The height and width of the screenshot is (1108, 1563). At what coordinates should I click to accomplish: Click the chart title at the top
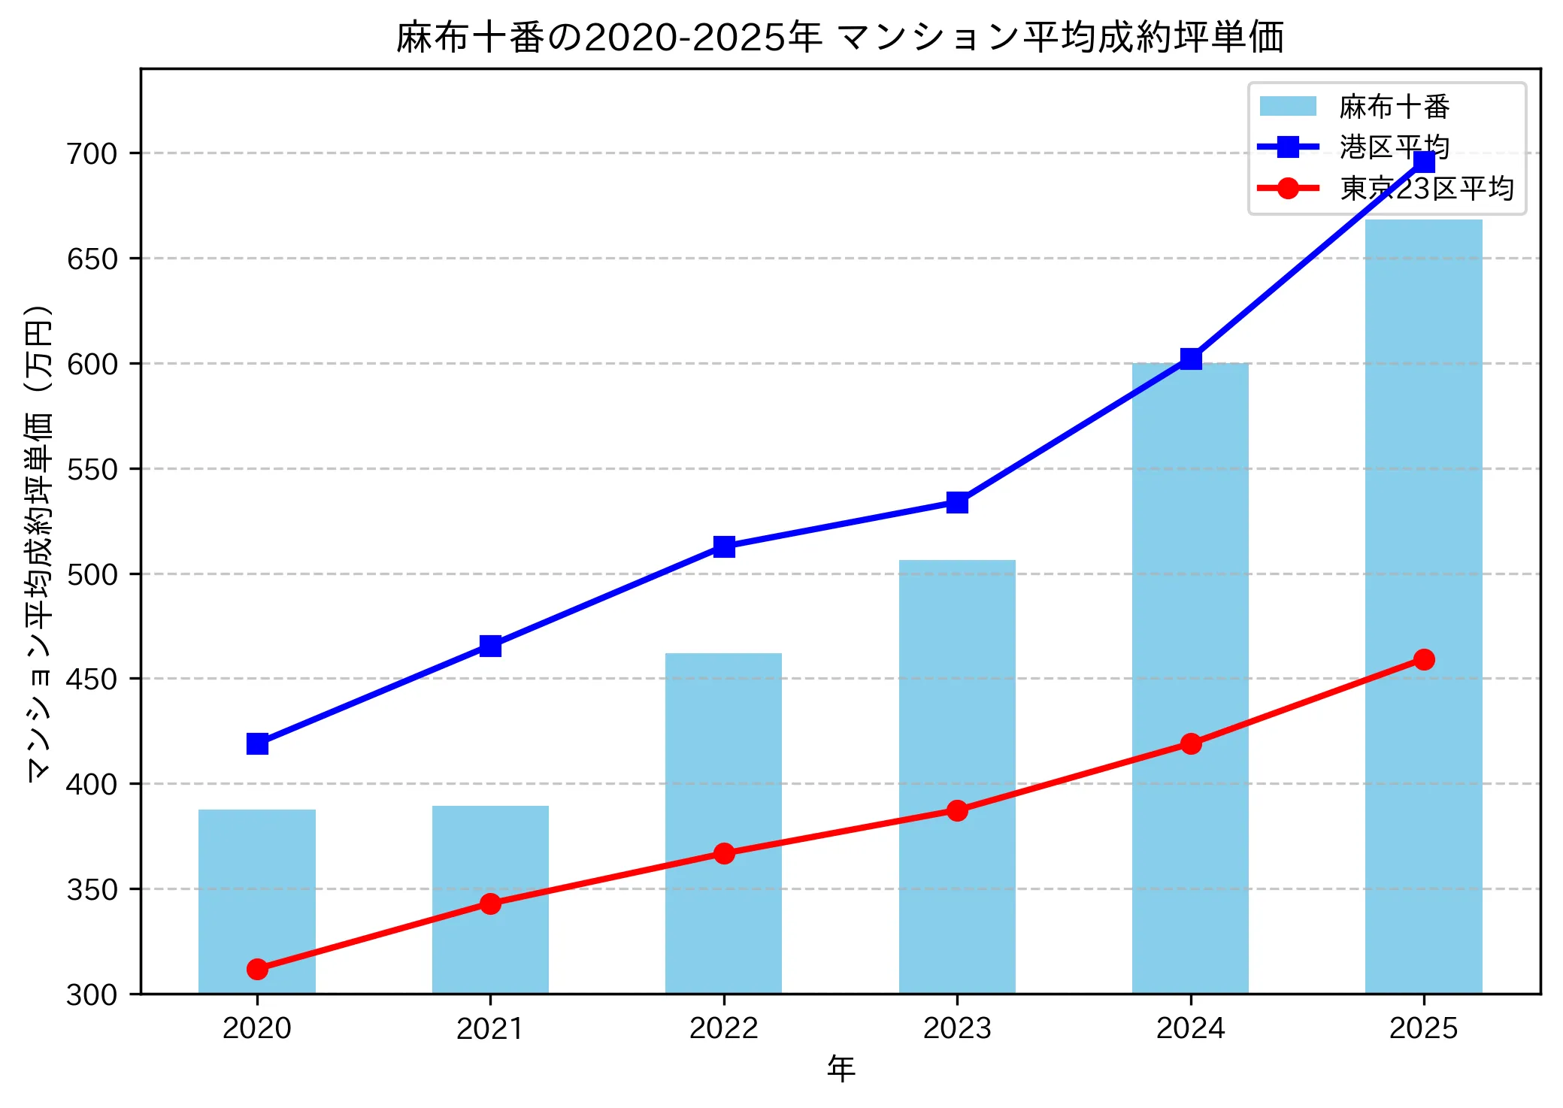pyautogui.click(x=840, y=38)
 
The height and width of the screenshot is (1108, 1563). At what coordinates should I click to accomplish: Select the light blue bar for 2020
pyautogui.click(x=257, y=901)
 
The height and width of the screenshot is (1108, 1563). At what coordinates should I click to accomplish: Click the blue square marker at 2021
pyautogui.click(x=490, y=646)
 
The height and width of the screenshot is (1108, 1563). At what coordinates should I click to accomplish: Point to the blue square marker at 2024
pyautogui.click(x=1191, y=359)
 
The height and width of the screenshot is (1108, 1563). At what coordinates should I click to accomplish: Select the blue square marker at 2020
pyautogui.click(x=257, y=743)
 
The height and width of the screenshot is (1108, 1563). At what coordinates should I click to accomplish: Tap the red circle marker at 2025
pyautogui.click(x=1424, y=659)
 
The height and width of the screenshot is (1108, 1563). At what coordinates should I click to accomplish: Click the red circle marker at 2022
pyautogui.click(x=724, y=853)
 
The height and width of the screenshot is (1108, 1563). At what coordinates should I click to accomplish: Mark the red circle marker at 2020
pyautogui.click(x=257, y=969)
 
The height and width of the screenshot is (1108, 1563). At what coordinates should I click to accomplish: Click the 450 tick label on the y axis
pyautogui.click(x=93, y=679)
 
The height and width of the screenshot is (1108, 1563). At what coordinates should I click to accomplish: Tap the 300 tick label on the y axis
pyautogui.click(x=93, y=994)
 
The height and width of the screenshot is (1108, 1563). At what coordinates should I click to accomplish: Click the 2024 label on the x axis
pyautogui.click(x=1190, y=1028)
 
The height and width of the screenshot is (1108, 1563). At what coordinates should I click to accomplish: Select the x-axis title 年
pyautogui.click(x=841, y=1068)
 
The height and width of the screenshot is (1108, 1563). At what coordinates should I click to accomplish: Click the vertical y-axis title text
pyautogui.click(x=38, y=543)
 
